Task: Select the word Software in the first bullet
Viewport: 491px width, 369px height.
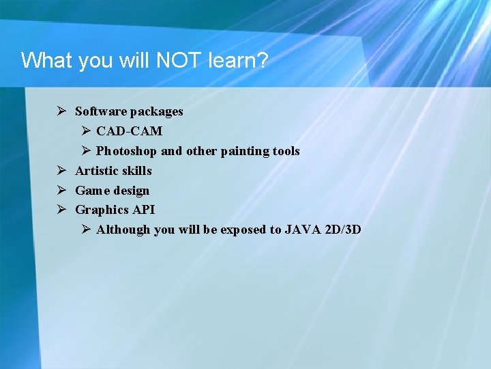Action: [101, 111]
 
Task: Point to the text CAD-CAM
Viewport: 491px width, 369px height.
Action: [129, 131]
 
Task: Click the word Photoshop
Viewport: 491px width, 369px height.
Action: [126, 151]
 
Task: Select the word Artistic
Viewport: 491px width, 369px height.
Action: [96, 171]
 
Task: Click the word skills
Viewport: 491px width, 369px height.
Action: [136, 171]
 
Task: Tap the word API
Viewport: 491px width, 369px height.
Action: [143, 210]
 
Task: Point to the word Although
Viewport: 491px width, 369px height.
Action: [123, 230]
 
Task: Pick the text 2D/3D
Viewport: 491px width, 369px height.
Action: [344, 230]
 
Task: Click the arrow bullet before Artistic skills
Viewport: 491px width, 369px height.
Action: [61, 170]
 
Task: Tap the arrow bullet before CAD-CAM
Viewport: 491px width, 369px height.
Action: [86, 131]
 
